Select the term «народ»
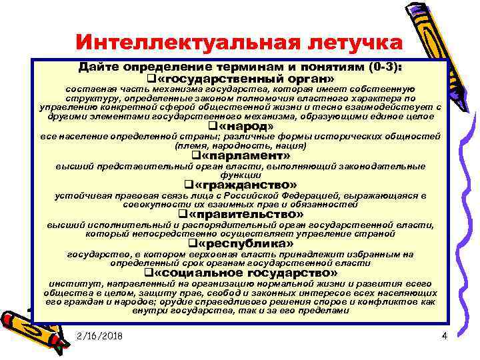coord(245,126)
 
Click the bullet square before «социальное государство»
coord(148,273)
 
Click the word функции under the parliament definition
coord(240,175)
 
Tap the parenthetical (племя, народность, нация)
coord(240,145)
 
